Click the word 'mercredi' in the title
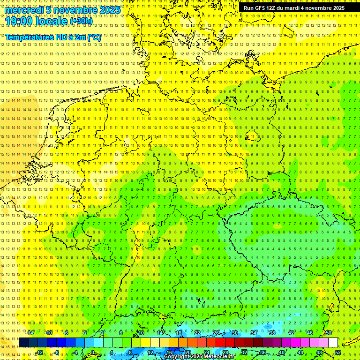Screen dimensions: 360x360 coord(22,9)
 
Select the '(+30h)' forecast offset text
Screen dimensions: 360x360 coord(81,21)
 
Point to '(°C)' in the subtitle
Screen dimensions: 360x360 coord(93,37)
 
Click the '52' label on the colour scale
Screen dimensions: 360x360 coord(338,352)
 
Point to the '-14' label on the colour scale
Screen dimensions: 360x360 coord(30,333)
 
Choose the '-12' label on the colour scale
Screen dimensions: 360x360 coord(39,352)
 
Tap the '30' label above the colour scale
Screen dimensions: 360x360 coord(234,333)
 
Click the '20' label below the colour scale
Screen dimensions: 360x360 coord(187,352)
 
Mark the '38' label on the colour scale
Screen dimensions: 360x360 coord(272,333)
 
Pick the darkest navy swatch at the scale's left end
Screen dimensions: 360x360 coord(23,343)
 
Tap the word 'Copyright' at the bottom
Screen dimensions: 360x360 coord(176,357)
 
